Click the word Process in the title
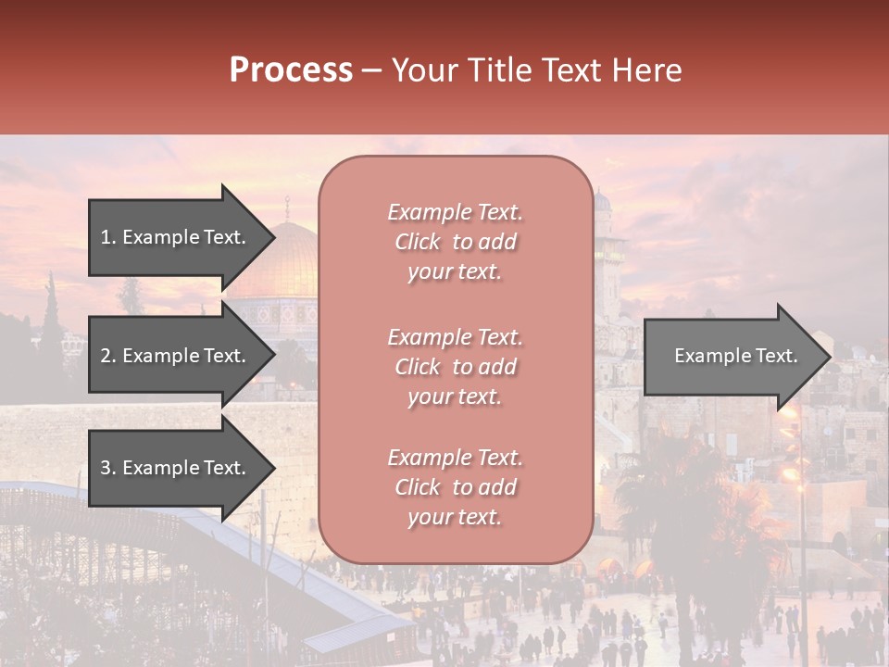[x=291, y=70]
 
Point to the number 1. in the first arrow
[x=107, y=237]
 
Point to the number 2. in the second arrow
[x=107, y=356]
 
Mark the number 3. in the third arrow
[x=107, y=468]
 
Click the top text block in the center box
[x=455, y=242]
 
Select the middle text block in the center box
[x=455, y=367]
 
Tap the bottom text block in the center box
[x=455, y=487]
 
